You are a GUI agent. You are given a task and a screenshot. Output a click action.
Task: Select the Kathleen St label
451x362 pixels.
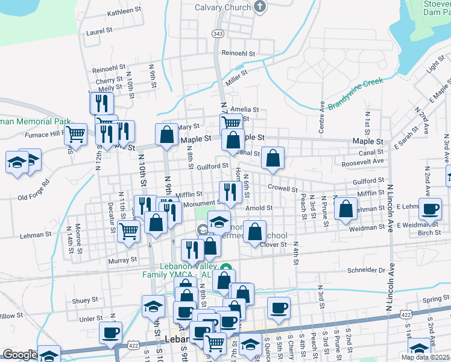coord(124,11)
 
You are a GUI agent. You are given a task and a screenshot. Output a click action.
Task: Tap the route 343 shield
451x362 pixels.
coord(218,33)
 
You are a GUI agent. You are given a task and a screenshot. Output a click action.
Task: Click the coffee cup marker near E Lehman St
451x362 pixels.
coord(430,210)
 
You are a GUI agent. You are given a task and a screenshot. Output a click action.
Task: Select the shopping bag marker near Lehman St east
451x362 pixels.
coord(345,209)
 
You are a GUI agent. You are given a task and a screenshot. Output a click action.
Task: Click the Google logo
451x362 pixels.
coord(20,355)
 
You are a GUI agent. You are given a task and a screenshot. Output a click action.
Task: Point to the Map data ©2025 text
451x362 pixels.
coord(425,357)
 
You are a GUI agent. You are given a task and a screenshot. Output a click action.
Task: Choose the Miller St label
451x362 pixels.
coord(237,77)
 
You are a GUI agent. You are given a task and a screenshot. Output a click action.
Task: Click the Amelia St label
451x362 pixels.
coord(244,110)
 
